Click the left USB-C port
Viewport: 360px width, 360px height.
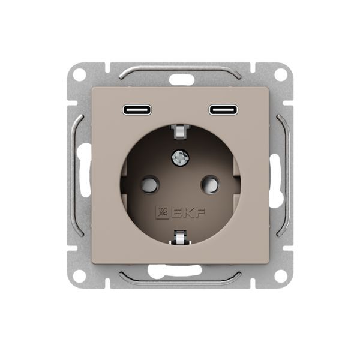pyautogui.click(x=137, y=110)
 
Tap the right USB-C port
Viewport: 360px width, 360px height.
pyautogui.click(x=223, y=110)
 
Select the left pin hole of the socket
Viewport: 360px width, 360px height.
pyautogui.click(x=149, y=184)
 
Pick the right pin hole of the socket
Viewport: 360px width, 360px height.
pyautogui.click(x=211, y=184)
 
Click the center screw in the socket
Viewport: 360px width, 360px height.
pyautogui.click(x=180, y=157)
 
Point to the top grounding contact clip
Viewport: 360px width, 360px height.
pyautogui.click(x=180, y=132)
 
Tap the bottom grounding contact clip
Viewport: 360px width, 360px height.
pyautogui.click(x=180, y=238)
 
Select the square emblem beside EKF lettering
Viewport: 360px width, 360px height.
pyautogui.click(x=162, y=213)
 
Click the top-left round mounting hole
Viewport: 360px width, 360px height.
pyautogui.click(x=80, y=75)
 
